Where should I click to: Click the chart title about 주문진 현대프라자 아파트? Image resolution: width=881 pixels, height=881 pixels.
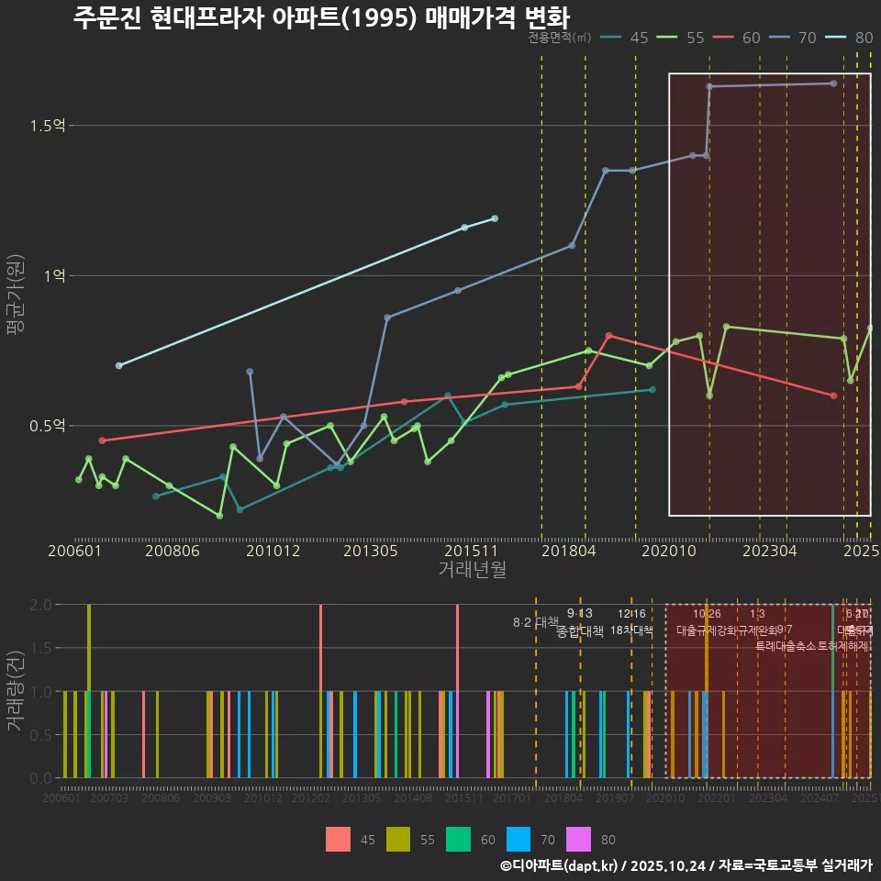click(321, 17)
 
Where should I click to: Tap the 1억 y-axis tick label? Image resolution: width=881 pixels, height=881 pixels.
click(55, 276)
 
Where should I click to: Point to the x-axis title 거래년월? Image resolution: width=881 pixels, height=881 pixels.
click(472, 570)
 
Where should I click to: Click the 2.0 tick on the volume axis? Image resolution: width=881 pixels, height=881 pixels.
click(40, 605)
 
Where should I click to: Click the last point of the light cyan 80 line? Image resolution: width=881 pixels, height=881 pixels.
click(495, 218)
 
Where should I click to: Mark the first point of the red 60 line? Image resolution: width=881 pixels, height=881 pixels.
click(102, 440)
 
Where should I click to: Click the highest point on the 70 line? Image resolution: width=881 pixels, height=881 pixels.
click(833, 84)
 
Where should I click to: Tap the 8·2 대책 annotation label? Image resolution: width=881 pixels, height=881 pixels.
click(535, 622)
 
